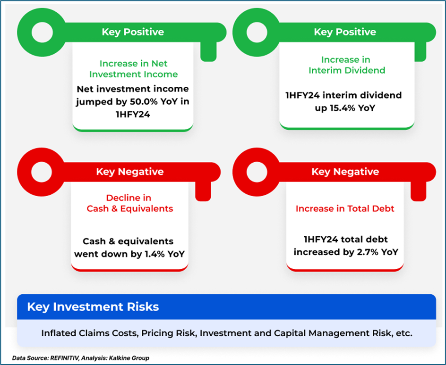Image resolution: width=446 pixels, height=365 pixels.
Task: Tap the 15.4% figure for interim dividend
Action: point(343,108)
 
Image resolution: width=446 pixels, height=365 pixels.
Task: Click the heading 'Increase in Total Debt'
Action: point(345,208)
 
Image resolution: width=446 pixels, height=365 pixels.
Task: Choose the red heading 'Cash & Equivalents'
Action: point(130,208)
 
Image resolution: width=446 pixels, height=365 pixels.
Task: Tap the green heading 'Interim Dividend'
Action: point(347,70)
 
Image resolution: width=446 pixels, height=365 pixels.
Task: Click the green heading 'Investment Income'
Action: point(133,74)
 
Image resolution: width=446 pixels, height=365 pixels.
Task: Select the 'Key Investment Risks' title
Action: point(93,307)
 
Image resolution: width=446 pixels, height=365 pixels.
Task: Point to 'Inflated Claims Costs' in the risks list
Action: point(90,333)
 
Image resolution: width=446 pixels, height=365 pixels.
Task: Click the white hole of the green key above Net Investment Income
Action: point(42,32)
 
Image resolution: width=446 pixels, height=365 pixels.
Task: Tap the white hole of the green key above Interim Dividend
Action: point(257,32)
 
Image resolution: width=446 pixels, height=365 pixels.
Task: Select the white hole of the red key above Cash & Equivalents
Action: point(42,172)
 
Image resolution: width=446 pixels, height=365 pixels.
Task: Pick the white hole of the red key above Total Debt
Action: point(257,172)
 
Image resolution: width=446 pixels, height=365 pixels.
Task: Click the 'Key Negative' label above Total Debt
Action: point(345,172)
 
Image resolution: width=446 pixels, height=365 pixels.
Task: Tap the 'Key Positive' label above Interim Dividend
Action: point(345,32)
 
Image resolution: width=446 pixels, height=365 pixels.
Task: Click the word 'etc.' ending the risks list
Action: point(404,333)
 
